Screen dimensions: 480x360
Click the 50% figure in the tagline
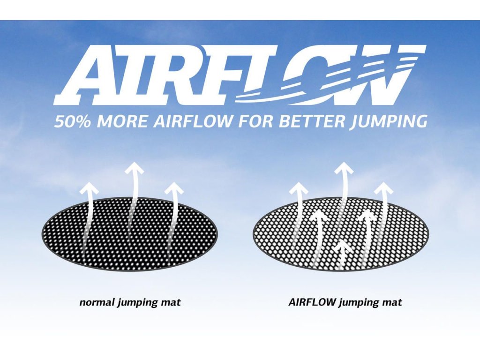(73, 121)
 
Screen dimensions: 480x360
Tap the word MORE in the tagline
(122, 121)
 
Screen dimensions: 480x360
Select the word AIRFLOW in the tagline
(193, 121)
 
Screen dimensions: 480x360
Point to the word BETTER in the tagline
(312, 121)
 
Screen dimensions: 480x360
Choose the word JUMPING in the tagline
(389, 122)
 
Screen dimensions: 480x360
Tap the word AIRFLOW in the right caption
(312, 302)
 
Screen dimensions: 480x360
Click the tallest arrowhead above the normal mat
(134, 169)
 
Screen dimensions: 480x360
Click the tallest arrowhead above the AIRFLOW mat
(344, 168)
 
